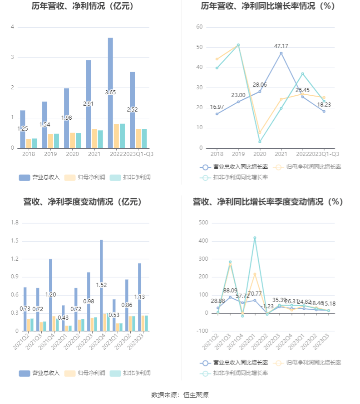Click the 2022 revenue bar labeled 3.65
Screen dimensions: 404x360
point(110,92)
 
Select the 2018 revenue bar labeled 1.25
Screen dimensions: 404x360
point(23,129)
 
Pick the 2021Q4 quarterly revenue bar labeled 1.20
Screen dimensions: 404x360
point(50,295)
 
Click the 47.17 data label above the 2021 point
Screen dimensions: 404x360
point(281,46)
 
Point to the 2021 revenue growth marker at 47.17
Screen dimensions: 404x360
point(281,53)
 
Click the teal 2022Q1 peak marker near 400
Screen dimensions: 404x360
point(255,238)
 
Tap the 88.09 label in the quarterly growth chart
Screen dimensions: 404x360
point(230,290)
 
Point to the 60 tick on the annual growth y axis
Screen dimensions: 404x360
point(199,27)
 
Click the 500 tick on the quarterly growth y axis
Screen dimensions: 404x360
point(203,223)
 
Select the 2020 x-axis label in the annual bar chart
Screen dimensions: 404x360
point(73,154)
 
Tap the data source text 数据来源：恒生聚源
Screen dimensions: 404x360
point(180,395)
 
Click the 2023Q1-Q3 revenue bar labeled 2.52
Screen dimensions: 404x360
point(133,110)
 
